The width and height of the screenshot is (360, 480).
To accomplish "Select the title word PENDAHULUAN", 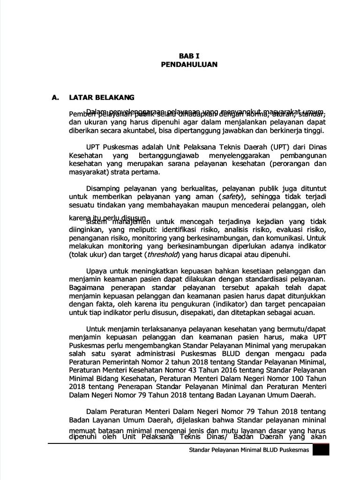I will (189, 65).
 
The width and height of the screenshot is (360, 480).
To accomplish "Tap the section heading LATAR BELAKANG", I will (101, 97).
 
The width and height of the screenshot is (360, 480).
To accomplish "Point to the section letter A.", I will (55, 97).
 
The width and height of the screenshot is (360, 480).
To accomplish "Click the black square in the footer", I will (321, 450).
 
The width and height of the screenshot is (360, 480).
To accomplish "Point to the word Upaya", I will (97, 271).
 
